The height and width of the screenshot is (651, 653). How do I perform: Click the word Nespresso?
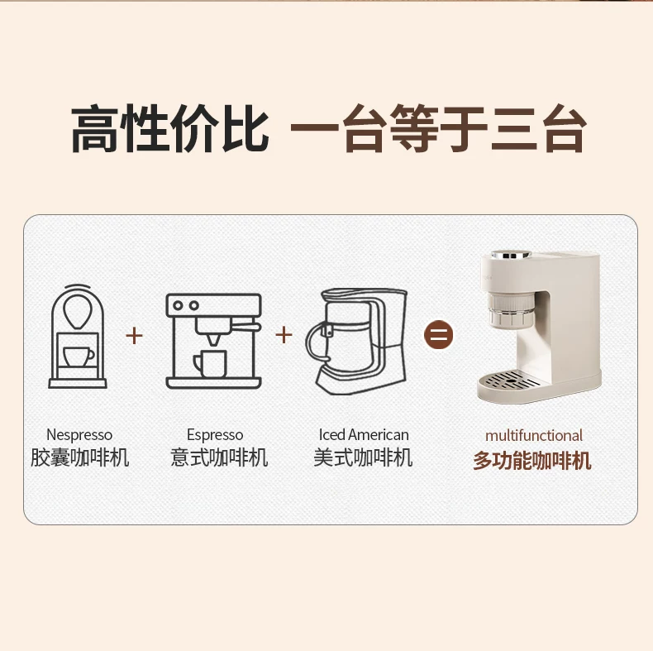point(79,435)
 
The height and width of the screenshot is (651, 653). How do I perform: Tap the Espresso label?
point(215,435)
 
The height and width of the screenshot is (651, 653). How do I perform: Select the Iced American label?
point(364,435)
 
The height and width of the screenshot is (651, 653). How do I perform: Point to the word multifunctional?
point(533,436)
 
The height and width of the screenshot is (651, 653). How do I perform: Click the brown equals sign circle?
point(438,334)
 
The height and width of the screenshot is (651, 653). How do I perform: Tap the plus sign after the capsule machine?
point(134,335)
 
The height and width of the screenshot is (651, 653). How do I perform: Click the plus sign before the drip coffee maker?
point(284,335)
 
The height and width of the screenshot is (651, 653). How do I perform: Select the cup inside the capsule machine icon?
point(78,357)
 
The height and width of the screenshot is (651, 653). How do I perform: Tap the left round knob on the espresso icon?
point(178,305)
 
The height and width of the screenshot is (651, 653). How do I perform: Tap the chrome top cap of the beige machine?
point(511,254)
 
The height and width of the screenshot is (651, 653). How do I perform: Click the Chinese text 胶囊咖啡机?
point(79,457)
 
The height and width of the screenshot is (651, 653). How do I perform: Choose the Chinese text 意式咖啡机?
point(219,457)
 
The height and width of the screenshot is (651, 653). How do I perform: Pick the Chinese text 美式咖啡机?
point(363,457)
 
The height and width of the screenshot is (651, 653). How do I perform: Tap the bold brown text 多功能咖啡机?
point(532,461)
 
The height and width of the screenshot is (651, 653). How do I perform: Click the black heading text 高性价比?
point(169,128)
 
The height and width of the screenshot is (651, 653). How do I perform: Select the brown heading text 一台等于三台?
point(439,128)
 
